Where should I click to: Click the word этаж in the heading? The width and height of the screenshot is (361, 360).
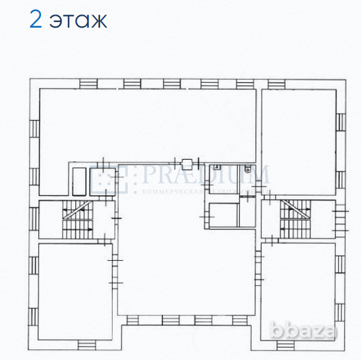point(79,20)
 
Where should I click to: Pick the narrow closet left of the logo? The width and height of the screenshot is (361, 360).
point(79,181)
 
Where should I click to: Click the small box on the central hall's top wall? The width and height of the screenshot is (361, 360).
point(186,161)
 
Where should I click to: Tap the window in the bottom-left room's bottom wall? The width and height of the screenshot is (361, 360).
point(87,343)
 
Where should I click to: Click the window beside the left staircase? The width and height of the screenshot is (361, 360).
point(35,220)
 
